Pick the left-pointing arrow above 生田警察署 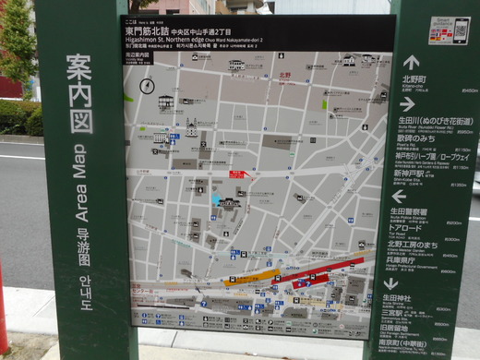(x=399, y=196)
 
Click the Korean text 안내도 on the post (x=85, y=288)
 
